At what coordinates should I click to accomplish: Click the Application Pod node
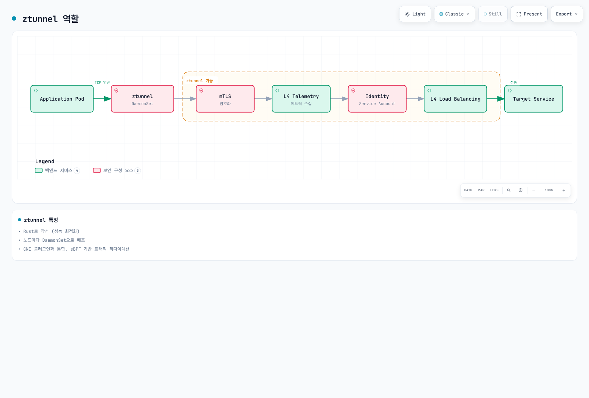click(x=62, y=99)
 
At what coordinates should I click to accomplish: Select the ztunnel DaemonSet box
click(x=142, y=99)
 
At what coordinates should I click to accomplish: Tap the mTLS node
click(x=225, y=99)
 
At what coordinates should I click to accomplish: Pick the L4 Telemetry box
click(x=301, y=99)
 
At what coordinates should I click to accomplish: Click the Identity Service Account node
click(x=377, y=99)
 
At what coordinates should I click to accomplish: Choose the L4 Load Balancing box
click(x=455, y=99)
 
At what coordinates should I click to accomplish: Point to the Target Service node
click(x=533, y=99)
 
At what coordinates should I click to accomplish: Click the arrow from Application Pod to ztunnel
click(x=102, y=99)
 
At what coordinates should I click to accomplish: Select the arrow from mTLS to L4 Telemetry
click(x=263, y=99)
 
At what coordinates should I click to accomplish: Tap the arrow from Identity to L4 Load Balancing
click(x=415, y=99)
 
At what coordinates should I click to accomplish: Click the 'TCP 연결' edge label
click(x=102, y=83)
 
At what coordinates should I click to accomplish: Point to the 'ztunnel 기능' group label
click(x=200, y=81)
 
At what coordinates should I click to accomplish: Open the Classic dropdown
click(x=454, y=14)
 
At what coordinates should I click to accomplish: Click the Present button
click(x=529, y=14)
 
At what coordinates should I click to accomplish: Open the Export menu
click(x=567, y=14)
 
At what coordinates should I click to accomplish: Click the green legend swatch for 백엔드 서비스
click(x=39, y=170)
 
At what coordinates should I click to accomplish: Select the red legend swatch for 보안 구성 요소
click(x=97, y=170)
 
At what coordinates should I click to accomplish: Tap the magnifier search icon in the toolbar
click(x=509, y=190)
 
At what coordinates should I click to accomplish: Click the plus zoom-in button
click(x=564, y=190)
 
